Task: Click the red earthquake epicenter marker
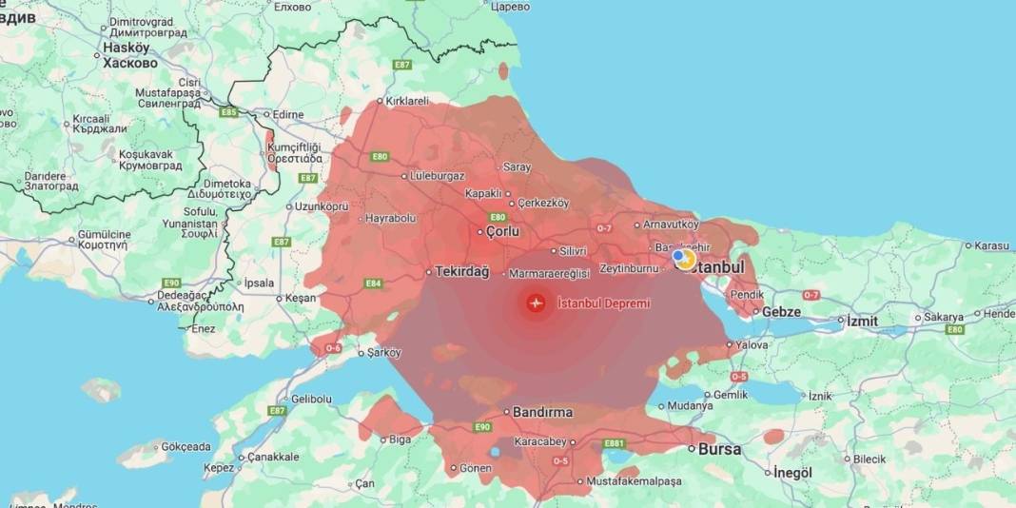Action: click(x=536, y=303)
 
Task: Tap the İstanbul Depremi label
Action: click(x=604, y=303)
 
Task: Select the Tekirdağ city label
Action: click(x=461, y=272)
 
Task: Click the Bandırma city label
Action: click(x=543, y=413)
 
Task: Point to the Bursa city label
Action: click(x=720, y=449)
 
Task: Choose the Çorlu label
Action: click(x=502, y=231)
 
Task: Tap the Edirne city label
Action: click(x=287, y=115)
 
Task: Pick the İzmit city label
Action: click(x=862, y=322)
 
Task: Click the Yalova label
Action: click(x=752, y=345)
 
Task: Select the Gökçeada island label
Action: click(x=186, y=447)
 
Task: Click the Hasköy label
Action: click(x=127, y=48)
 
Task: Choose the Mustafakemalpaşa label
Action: click(x=634, y=481)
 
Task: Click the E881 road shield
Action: click(x=615, y=444)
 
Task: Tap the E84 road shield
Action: click(x=373, y=283)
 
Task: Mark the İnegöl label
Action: click(x=792, y=473)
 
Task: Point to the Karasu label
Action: click(x=991, y=245)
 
